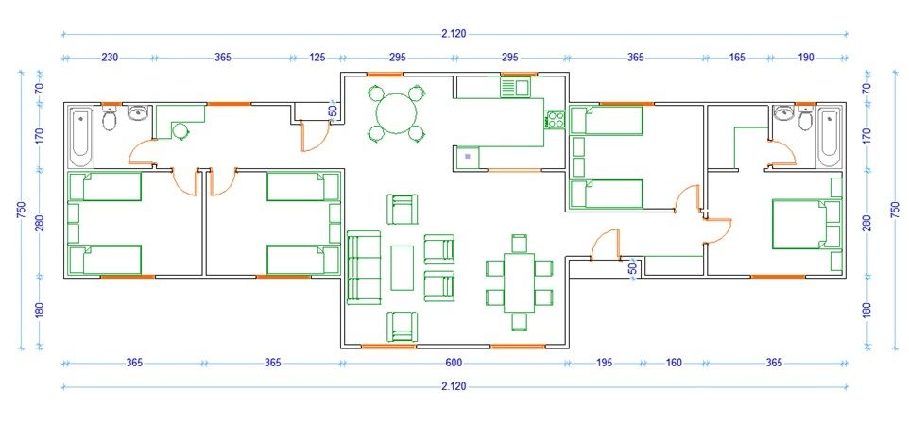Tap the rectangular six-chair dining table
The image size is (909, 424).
(519, 282)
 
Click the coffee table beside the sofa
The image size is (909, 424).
(403, 268)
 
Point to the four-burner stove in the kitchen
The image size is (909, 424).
(555, 120)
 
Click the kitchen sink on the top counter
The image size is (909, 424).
(515, 88)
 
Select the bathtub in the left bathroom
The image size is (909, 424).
(80, 136)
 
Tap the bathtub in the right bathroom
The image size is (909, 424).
(829, 136)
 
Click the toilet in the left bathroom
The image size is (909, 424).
(109, 118)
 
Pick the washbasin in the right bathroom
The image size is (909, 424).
(783, 113)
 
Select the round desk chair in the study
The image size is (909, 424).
(180, 131)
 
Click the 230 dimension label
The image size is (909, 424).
(111, 58)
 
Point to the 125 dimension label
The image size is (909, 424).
(317, 58)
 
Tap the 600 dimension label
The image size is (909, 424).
(454, 364)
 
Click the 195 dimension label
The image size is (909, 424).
(603, 364)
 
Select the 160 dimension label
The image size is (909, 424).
(674, 364)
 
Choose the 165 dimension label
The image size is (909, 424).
(737, 58)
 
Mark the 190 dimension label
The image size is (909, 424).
(806, 58)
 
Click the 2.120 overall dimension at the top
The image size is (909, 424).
(454, 34)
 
